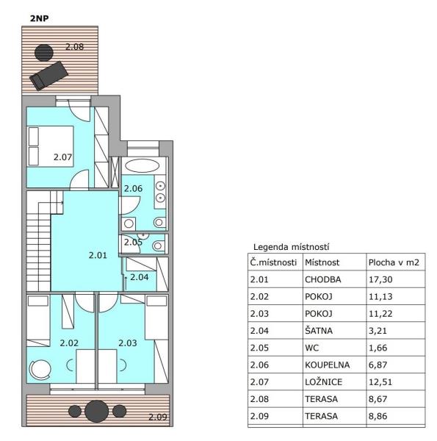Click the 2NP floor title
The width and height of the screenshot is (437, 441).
click(40, 18)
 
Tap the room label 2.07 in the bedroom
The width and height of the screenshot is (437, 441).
click(62, 157)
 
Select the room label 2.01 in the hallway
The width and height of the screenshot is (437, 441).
click(98, 255)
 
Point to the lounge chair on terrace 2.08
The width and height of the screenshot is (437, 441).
click(49, 76)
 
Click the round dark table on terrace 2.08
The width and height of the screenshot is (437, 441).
click(44, 53)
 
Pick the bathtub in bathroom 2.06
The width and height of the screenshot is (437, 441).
click(142, 165)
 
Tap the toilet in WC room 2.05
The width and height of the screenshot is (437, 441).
click(158, 246)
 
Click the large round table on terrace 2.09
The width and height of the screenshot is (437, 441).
click(96, 411)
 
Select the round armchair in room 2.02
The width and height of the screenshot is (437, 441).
click(40, 369)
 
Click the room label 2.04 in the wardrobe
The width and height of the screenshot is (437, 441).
click(140, 277)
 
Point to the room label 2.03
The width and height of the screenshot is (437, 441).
click(128, 343)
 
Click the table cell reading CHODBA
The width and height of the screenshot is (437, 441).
click(323, 279)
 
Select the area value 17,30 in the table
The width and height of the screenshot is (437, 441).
click(380, 279)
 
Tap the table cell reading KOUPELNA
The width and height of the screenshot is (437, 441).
click(328, 365)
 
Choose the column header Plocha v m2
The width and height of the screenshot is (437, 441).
click(394, 262)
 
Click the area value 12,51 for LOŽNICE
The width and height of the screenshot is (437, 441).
click(380, 382)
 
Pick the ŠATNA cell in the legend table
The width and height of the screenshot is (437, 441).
click(319, 330)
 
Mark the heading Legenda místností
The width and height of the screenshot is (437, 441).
click(291, 247)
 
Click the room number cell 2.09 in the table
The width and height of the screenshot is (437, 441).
click(259, 416)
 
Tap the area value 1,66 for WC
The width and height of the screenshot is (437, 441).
click(378, 348)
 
